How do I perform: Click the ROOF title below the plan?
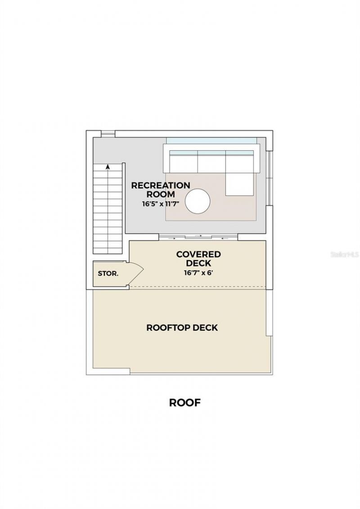click(x=184, y=402)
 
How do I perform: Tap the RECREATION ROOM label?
click(x=160, y=189)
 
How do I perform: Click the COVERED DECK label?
click(x=198, y=259)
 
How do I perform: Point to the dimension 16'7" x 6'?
click(x=198, y=272)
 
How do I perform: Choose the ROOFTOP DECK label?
click(x=182, y=327)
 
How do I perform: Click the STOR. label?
click(x=108, y=273)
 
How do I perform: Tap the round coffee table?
click(x=198, y=201)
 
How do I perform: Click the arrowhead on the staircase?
click(x=108, y=167)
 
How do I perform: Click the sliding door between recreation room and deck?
click(x=198, y=236)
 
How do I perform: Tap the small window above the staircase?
click(x=108, y=133)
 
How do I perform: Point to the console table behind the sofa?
click(x=211, y=141)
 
